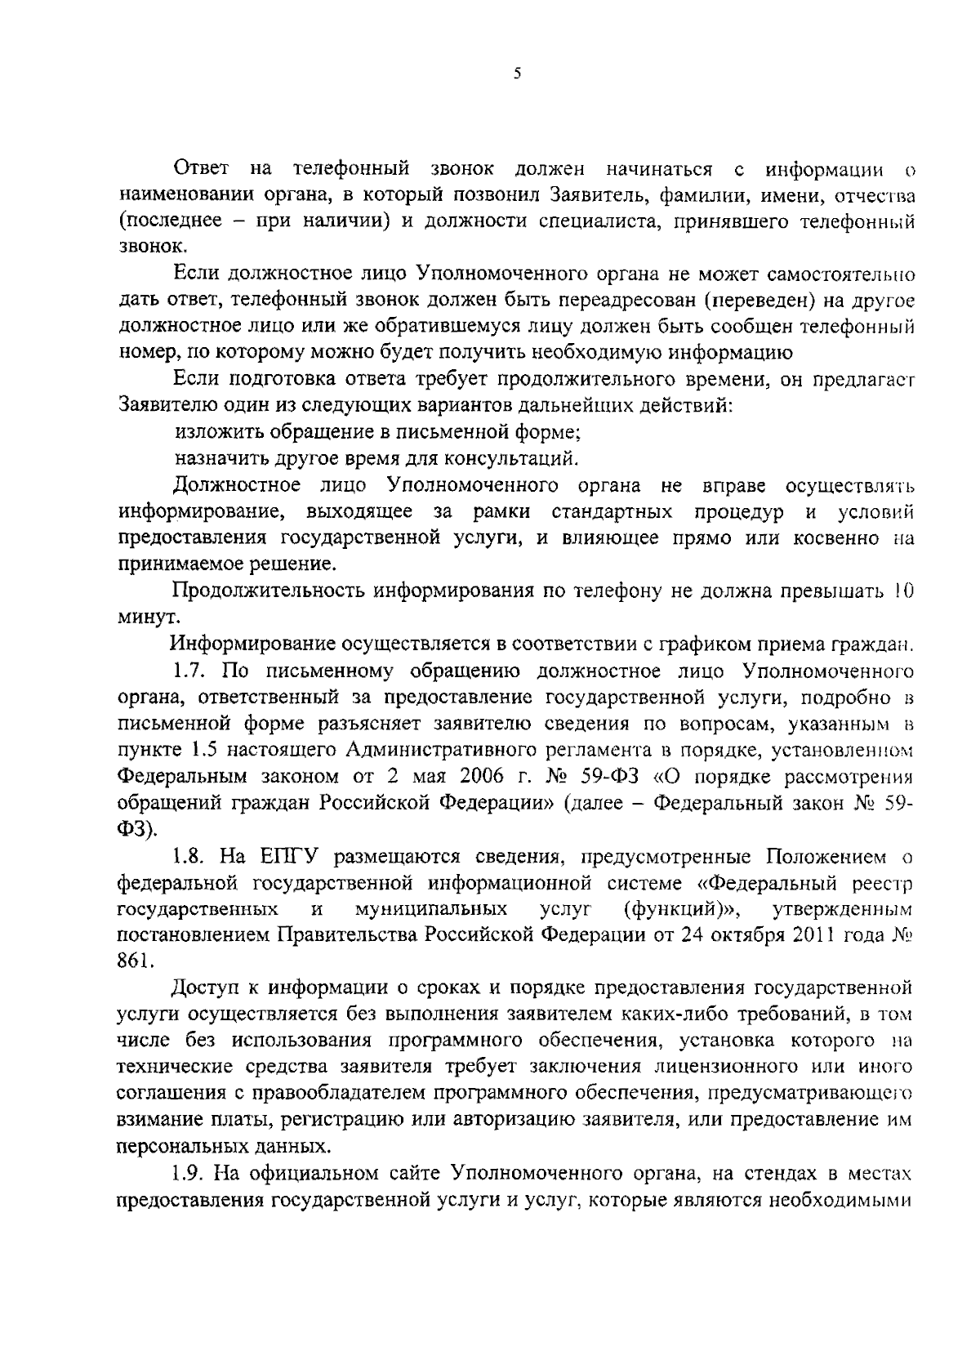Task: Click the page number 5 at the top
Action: tap(517, 74)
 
